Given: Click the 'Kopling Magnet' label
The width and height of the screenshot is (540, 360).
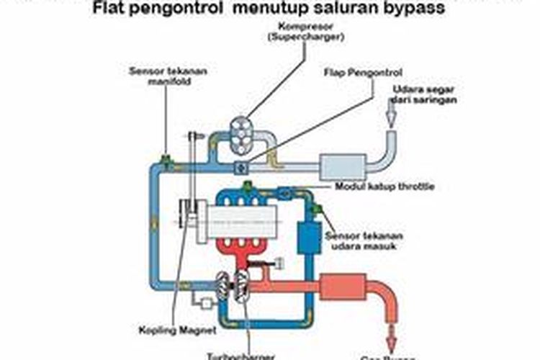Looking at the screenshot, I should [x=166, y=330].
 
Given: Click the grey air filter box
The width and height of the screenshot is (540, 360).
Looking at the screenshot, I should [x=342, y=167].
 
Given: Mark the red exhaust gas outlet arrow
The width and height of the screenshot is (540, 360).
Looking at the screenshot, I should [x=393, y=334].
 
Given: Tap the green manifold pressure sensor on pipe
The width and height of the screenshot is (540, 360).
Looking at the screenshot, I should [x=166, y=159].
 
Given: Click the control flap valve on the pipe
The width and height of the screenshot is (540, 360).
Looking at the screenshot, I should [x=240, y=167].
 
